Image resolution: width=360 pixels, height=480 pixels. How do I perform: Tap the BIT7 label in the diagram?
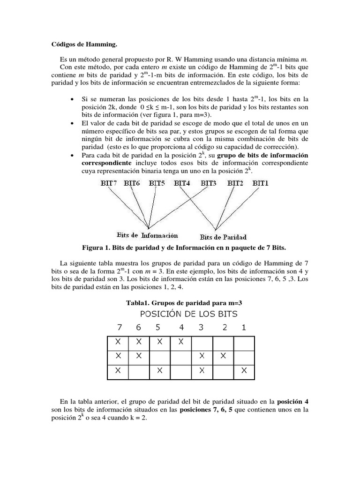point(110,184)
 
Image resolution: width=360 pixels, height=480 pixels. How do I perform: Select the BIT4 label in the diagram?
point(182,184)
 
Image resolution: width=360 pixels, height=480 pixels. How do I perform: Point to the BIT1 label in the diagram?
point(261,184)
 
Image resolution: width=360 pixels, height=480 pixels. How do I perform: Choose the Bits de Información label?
point(147,235)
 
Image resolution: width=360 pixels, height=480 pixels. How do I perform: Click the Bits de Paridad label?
point(223,237)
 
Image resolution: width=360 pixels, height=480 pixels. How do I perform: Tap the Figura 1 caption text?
point(180,247)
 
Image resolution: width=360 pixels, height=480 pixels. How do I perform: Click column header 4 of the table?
point(181,328)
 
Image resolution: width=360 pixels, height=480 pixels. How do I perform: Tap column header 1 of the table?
point(243,328)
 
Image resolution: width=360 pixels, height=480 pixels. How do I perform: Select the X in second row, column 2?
point(223,357)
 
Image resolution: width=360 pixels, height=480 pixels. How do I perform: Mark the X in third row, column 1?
point(244,370)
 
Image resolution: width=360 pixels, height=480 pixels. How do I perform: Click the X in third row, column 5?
point(160,370)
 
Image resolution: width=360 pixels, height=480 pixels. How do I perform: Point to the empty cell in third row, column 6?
point(139,370)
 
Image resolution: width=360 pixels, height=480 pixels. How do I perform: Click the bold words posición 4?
point(292,402)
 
